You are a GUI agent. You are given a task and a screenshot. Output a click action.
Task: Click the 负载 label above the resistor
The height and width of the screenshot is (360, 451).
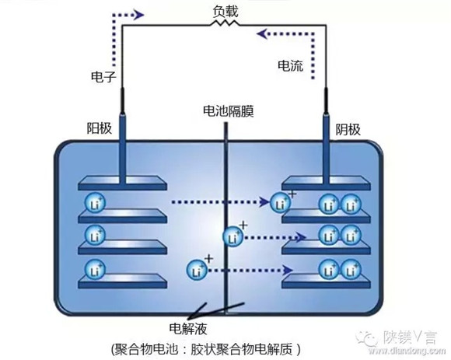(226, 12)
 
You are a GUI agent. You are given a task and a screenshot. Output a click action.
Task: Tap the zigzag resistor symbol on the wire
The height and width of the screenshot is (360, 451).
(225, 23)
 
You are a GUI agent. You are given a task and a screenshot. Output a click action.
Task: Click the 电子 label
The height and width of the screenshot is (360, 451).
(103, 77)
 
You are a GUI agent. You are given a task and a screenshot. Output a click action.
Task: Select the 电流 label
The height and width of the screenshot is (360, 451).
(291, 66)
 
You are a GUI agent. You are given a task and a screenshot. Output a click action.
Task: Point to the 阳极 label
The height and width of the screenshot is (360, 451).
(100, 128)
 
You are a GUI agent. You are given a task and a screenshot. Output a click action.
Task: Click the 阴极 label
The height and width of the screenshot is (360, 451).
(348, 129)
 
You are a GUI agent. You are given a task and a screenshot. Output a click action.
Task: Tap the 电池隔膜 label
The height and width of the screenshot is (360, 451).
(229, 111)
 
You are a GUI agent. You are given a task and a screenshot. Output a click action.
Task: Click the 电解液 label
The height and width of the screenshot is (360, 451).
(188, 329)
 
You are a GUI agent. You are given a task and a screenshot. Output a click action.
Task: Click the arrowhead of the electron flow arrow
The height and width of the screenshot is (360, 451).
(139, 15)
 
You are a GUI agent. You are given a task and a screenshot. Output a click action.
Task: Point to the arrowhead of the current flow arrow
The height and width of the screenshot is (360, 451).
(262, 34)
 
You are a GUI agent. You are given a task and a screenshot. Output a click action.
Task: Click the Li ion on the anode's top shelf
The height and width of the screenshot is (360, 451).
(95, 203)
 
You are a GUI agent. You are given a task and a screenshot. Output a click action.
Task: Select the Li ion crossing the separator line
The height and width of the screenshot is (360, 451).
(233, 237)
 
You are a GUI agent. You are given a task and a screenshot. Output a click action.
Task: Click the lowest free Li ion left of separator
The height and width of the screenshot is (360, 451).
(197, 271)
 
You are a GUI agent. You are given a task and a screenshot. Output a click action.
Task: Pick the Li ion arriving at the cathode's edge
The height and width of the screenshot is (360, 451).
(281, 203)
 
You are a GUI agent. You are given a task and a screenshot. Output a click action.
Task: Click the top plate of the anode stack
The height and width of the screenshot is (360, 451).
(123, 183)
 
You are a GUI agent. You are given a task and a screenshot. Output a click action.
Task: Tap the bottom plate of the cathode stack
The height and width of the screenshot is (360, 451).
(326, 281)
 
